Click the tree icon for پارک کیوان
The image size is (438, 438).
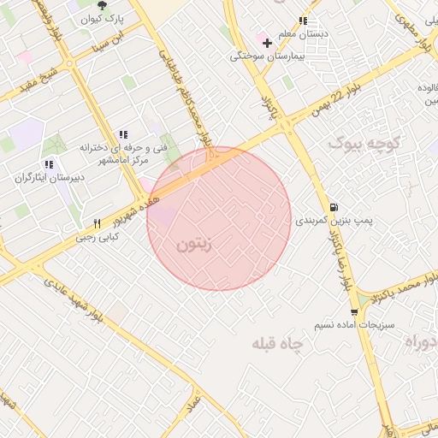[x=103, y=6]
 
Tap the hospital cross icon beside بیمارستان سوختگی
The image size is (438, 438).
[x=267, y=42]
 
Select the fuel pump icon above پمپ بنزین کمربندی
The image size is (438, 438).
[x=333, y=206]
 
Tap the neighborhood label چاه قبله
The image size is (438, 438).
[x=278, y=343]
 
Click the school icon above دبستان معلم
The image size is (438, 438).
[x=302, y=21]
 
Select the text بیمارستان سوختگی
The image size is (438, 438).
[x=263, y=56]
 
